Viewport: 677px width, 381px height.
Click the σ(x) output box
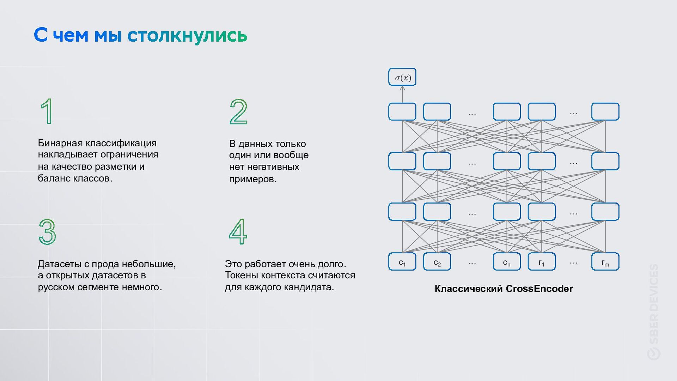(x=402, y=77)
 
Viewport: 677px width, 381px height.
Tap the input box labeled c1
(x=402, y=262)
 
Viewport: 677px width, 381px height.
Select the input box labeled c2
(x=437, y=262)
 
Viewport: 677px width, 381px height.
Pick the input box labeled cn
(x=506, y=262)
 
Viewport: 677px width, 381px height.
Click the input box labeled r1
(x=541, y=262)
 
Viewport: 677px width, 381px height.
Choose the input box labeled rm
(x=605, y=262)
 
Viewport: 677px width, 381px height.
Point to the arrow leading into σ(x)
(x=402, y=94)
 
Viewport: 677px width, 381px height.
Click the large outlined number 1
(x=47, y=111)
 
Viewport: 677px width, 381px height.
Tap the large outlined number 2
(x=238, y=112)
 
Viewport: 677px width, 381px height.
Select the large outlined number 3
(x=47, y=232)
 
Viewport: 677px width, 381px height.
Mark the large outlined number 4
(x=238, y=232)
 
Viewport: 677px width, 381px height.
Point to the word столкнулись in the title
(x=187, y=35)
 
